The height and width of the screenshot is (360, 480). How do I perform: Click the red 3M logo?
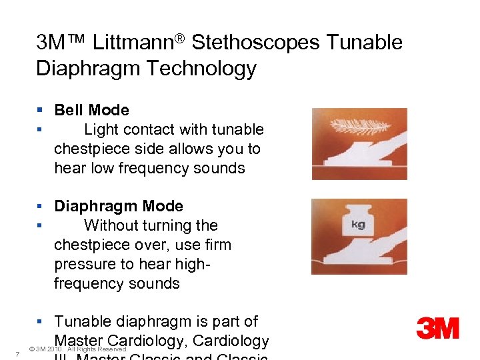point(437,328)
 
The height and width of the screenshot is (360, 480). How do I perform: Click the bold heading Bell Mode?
point(91,110)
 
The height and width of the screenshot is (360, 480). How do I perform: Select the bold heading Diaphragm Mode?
point(118,206)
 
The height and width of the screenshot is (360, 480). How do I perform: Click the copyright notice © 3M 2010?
point(79,349)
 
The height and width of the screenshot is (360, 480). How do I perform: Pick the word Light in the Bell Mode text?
point(101,129)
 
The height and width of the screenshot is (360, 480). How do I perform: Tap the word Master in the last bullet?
point(81,341)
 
